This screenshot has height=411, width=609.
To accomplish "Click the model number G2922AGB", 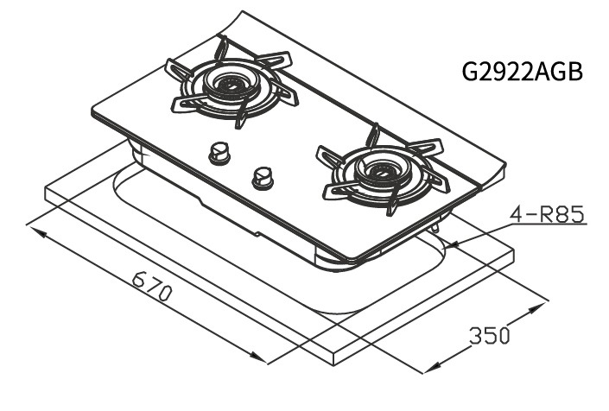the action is [523, 72].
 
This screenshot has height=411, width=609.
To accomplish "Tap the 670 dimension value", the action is [152, 287].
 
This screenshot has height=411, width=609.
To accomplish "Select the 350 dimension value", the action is [490, 336].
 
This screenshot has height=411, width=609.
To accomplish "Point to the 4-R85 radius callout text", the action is [548, 215].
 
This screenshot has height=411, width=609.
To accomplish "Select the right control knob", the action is [263, 178].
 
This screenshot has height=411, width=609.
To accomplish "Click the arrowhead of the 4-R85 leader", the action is [453, 245].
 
